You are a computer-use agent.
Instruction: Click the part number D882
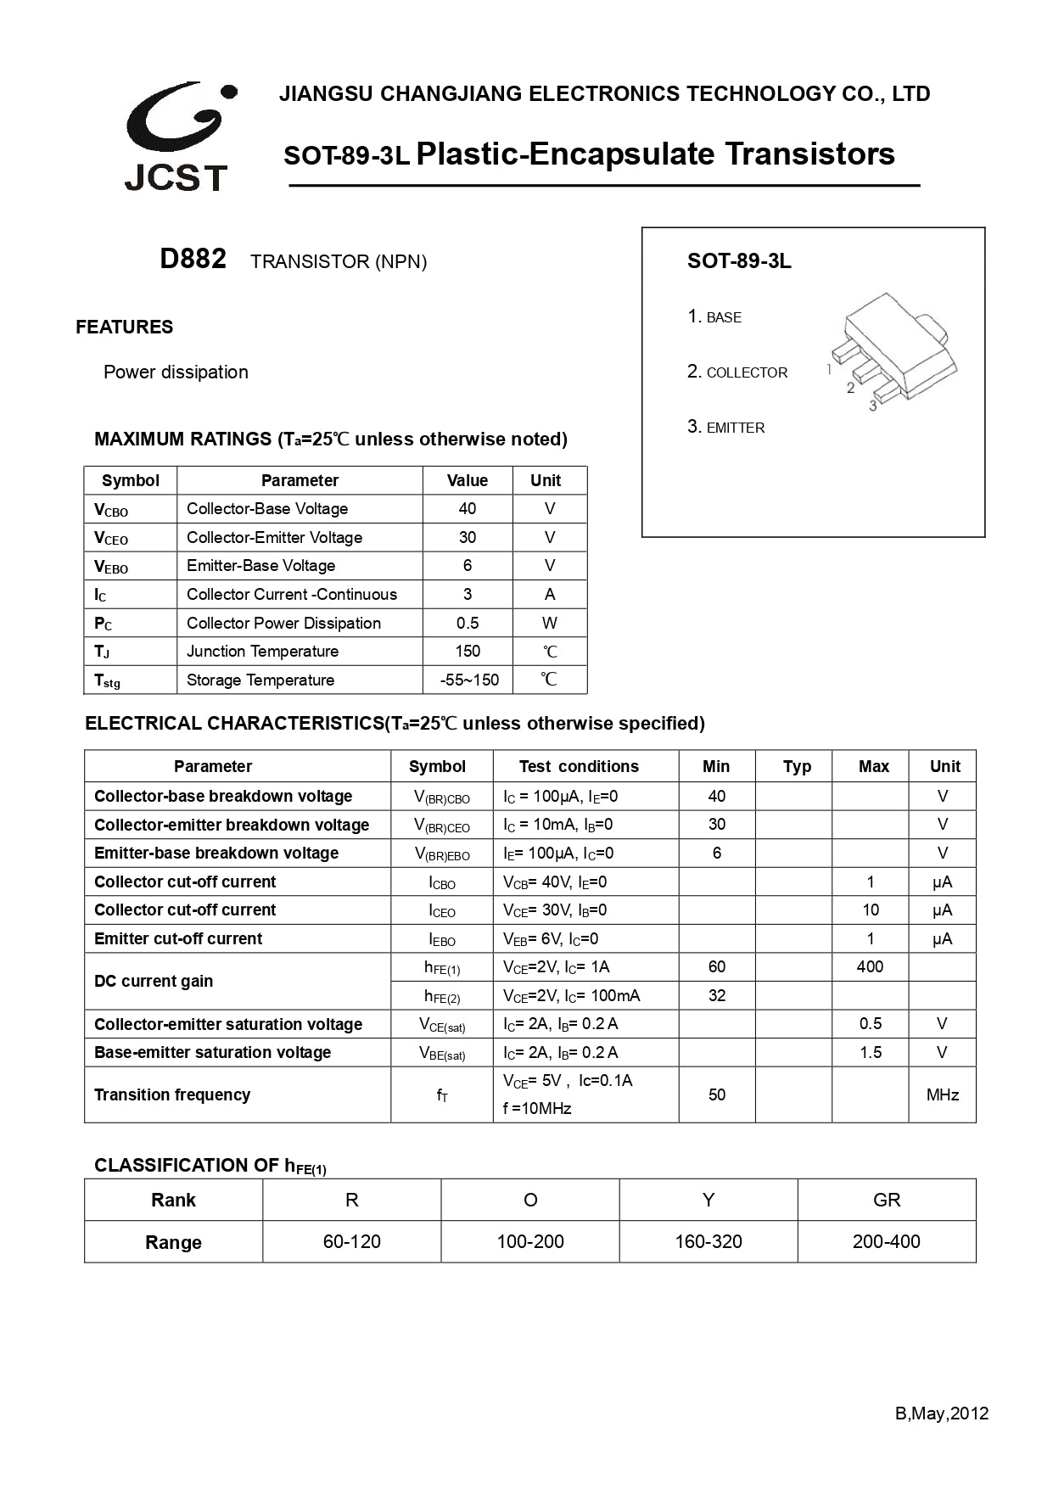click(193, 259)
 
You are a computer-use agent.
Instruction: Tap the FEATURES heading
click(124, 327)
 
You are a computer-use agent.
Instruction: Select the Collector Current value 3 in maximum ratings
click(468, 594)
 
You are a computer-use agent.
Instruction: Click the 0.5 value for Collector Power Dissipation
click(468, 623)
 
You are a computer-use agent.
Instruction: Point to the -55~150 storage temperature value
click(469, 680)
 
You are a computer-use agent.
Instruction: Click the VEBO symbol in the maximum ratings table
click(111, 566)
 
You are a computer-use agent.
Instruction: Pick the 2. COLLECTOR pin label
click(737, 372)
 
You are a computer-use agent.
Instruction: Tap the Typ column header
click(797, 766)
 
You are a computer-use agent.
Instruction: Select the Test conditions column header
click(579, 766)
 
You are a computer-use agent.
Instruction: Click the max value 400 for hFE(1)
click(870, 966)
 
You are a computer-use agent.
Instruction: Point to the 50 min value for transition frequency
click(716, 1094)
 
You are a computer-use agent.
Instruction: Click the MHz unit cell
click(942, 1094)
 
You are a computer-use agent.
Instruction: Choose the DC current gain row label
click(154, 981)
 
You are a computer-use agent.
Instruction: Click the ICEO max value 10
click(870, 910)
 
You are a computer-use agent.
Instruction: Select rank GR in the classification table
click(886, 1200)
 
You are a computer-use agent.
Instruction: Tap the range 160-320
click(708, 1241)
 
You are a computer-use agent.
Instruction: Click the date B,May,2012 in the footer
click(941, 1413)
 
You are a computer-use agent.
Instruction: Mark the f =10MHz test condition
click(537, 1109)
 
